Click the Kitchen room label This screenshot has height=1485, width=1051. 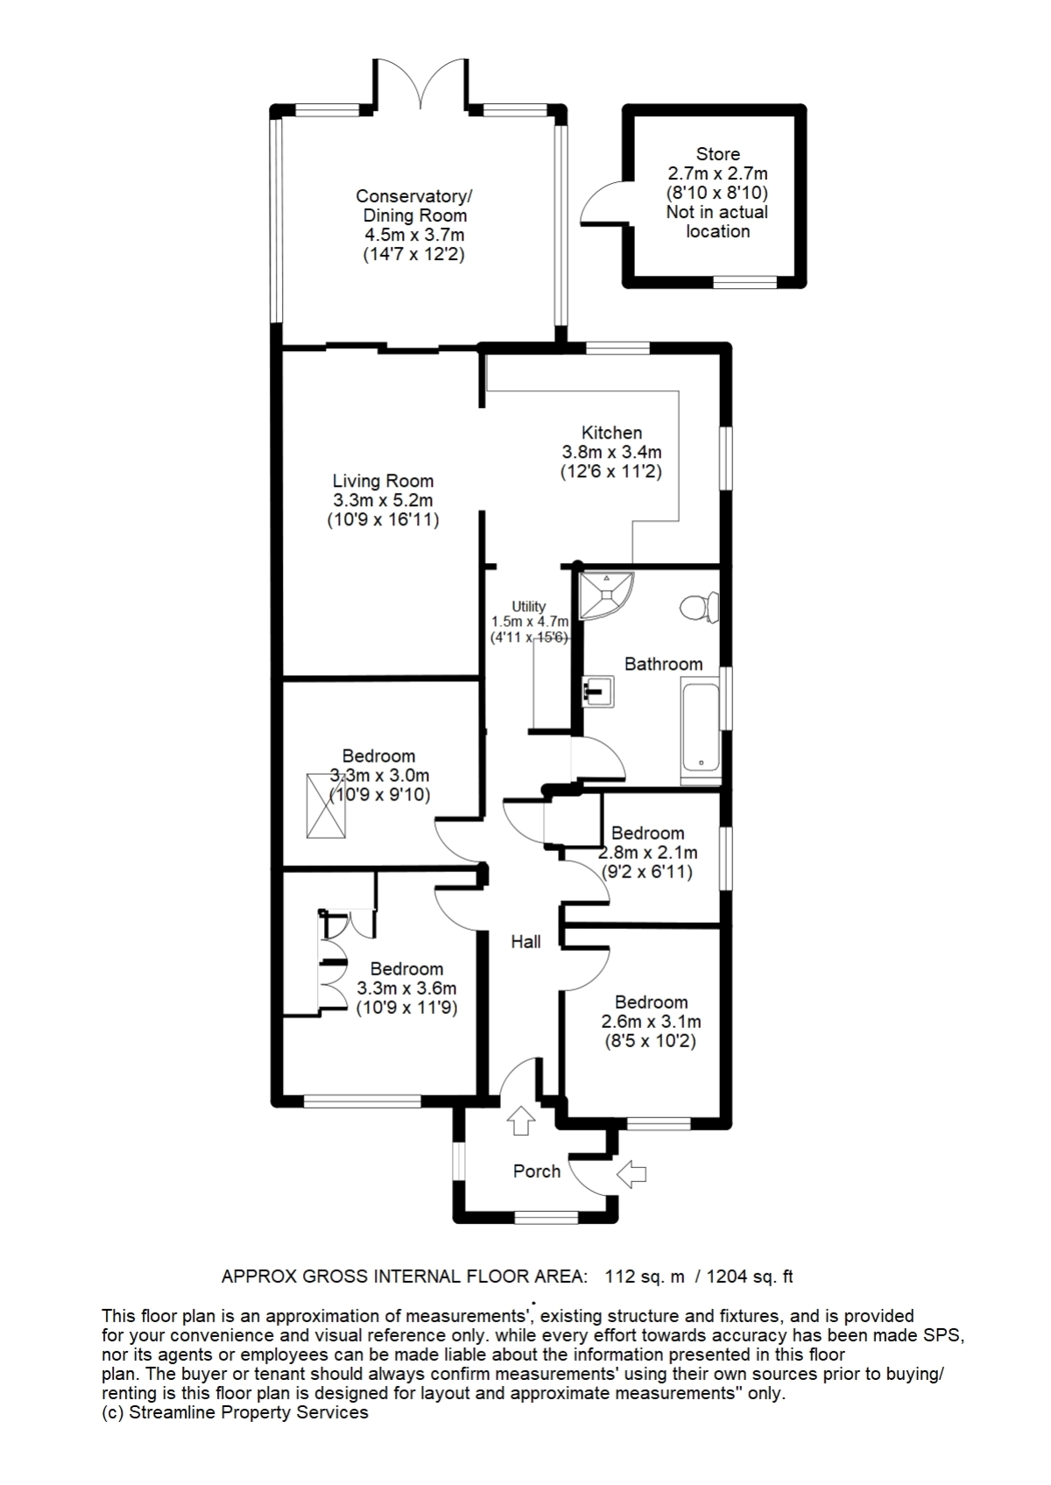click(611, 433)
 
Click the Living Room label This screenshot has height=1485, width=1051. click(383, 481)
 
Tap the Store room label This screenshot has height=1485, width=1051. click(717, 154)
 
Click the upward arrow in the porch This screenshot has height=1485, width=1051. click(521, 1120)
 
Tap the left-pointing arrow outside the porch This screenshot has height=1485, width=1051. click(631, 1173)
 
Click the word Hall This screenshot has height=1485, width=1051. click(525, 942)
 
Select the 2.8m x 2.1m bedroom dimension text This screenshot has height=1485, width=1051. click(648, 853)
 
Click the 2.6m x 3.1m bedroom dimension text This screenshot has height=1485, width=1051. click(651, 1022)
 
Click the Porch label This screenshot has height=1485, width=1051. click(536, 1172)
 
